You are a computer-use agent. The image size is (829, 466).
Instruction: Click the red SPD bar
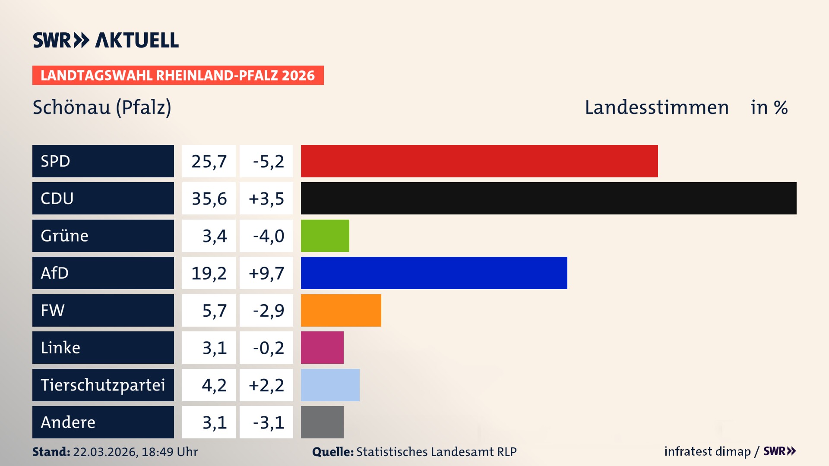click(479, 161)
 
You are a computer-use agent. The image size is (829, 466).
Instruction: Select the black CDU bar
click(548, 198)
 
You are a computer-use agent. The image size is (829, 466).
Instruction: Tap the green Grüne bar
click(325, 236)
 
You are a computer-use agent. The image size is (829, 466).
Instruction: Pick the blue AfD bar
click(434, 273)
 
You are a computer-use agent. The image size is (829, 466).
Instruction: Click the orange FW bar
click(341, 310)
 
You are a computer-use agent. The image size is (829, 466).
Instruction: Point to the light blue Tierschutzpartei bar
click(330, 385)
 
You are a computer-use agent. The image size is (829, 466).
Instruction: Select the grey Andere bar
click(322, 422)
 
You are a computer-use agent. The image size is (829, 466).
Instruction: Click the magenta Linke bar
click(322, 347)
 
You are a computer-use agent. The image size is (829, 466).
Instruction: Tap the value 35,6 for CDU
click(209, 198)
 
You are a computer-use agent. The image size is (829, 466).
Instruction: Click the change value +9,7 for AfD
click(266, 273)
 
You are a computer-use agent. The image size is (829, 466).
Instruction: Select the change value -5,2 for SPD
click(268, 161)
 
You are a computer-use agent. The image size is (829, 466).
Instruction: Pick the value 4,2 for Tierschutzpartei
click(214, 385)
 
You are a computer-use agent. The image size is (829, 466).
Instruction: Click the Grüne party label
click(65, 236)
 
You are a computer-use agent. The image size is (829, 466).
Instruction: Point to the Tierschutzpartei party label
click(103, 385)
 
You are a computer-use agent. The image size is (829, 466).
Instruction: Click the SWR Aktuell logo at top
click(106, 40)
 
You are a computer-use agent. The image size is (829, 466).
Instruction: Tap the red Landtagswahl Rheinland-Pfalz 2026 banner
click(178, 75)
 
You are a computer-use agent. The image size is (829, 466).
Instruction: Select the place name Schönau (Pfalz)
click(102, 107)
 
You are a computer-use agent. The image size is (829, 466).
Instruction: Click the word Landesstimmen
click(656, 107)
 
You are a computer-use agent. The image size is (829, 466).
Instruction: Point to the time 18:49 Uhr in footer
click(170, 452)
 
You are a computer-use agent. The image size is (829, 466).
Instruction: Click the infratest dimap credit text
click(707, 451)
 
